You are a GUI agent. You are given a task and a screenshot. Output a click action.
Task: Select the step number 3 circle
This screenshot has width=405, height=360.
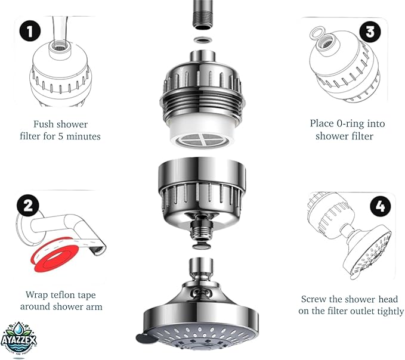[x=370, y=32]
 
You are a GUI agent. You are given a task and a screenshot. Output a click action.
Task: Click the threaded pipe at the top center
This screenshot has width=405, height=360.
[x=202, y=14]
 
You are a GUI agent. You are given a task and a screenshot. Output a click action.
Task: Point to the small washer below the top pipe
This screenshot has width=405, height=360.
[x=202, y=40]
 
